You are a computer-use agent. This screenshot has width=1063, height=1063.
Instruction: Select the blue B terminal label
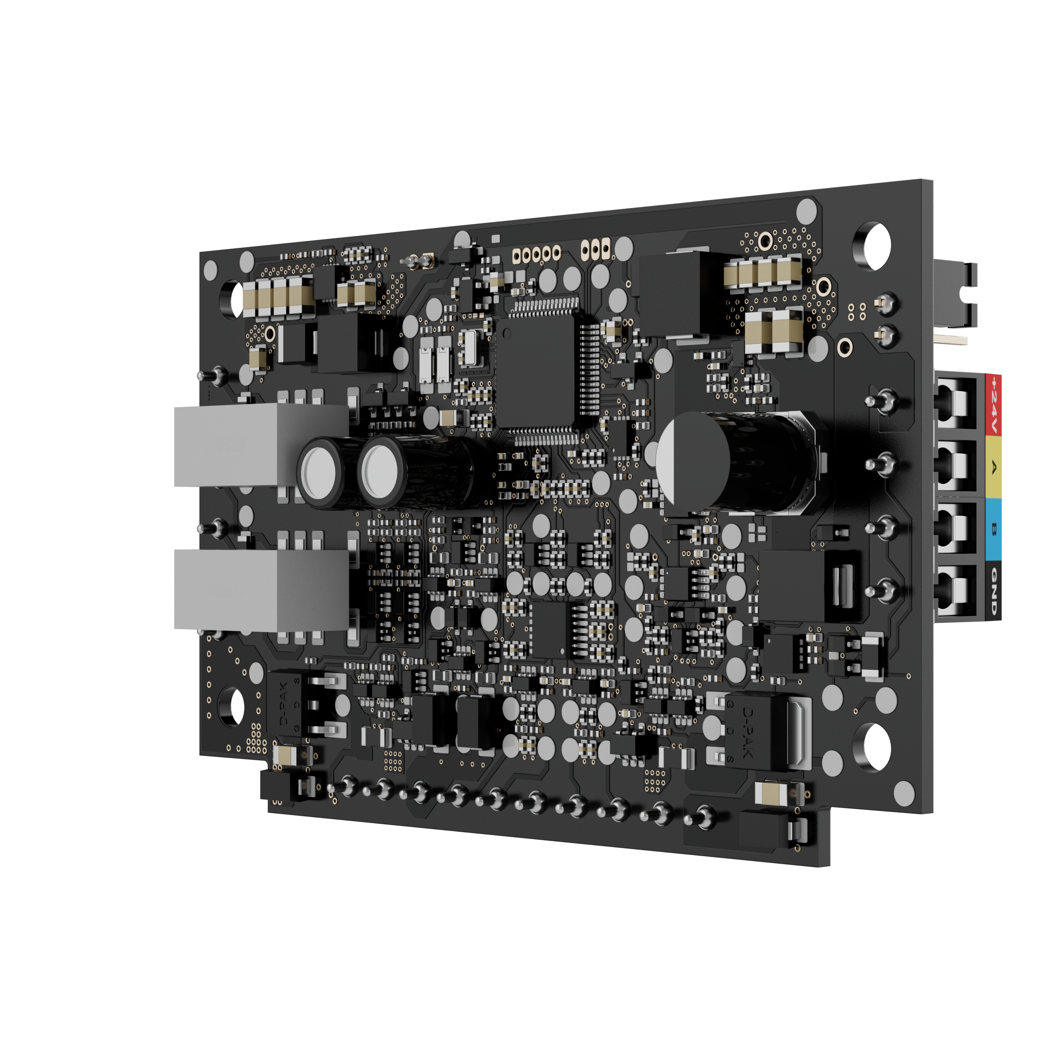993,529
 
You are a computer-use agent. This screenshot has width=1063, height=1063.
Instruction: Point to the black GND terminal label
993,591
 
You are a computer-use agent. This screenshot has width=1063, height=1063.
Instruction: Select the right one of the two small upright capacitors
381,472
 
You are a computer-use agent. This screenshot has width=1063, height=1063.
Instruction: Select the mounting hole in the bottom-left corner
231,705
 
